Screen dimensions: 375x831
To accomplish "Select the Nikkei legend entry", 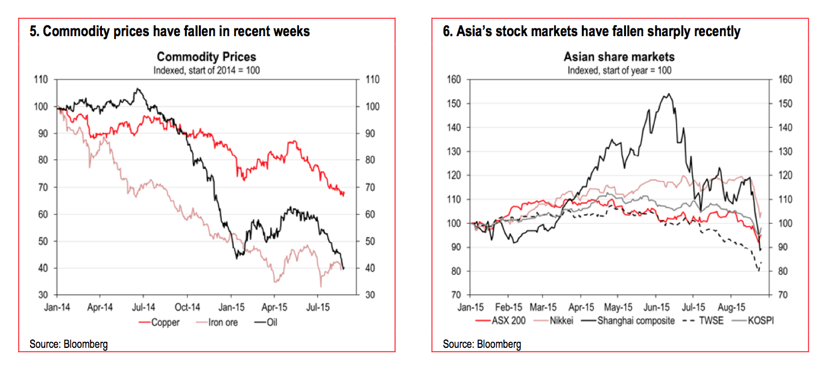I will click(561, 320).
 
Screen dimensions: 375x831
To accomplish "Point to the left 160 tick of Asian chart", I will click(453, 80).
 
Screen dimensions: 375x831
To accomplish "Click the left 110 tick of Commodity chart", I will click(41, 80).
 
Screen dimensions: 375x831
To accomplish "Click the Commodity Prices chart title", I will click(206, 57).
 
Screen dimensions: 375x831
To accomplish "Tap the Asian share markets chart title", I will click(619, 57).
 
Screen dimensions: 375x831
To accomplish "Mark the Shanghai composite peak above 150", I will click(668, 94).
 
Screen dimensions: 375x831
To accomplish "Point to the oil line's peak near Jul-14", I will click(138, 89).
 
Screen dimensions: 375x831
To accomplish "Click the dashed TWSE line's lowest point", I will click(758, 271).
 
